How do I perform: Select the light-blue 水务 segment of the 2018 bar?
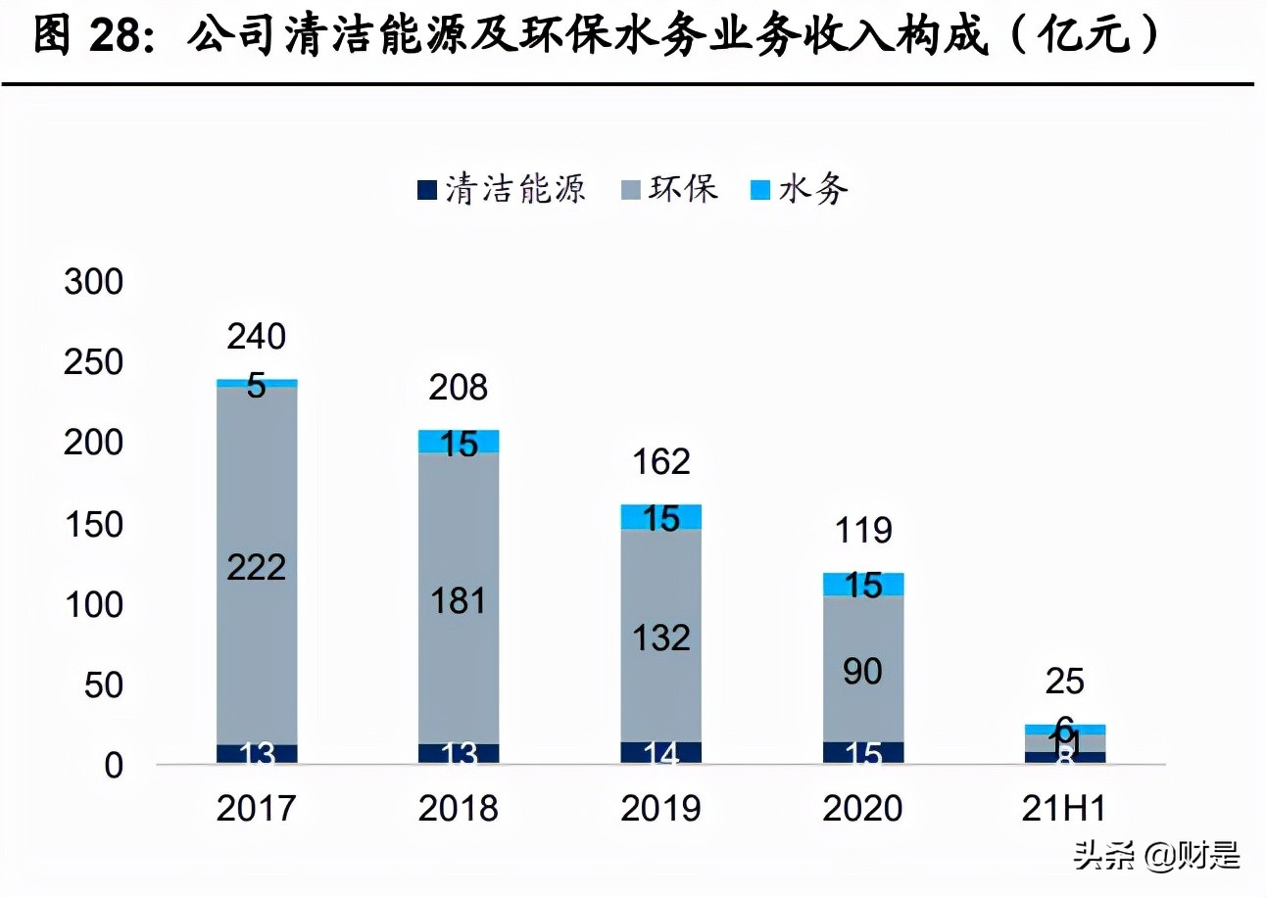tap(459, 442)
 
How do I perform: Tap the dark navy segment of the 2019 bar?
tap(661, 752)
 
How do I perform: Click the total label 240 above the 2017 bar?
tap(257, 337)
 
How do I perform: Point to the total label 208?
tap(459, 388)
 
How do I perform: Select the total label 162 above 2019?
tap(661, 461)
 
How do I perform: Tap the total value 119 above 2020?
tap(863, 531)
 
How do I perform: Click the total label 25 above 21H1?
tap(1065, 682)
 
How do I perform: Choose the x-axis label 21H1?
tap(1065, 809)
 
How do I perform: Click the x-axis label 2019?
tap(661, 809)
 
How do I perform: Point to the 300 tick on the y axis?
tap(94, 283)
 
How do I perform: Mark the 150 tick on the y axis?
tap(94, 525)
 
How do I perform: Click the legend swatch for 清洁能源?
tap(426, 189)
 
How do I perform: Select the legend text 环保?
tap(683, 188)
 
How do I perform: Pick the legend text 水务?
tap(813, 189)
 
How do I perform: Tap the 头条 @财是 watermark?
tap(1156, 855)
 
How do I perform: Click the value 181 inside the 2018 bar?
tap(459, 600)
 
